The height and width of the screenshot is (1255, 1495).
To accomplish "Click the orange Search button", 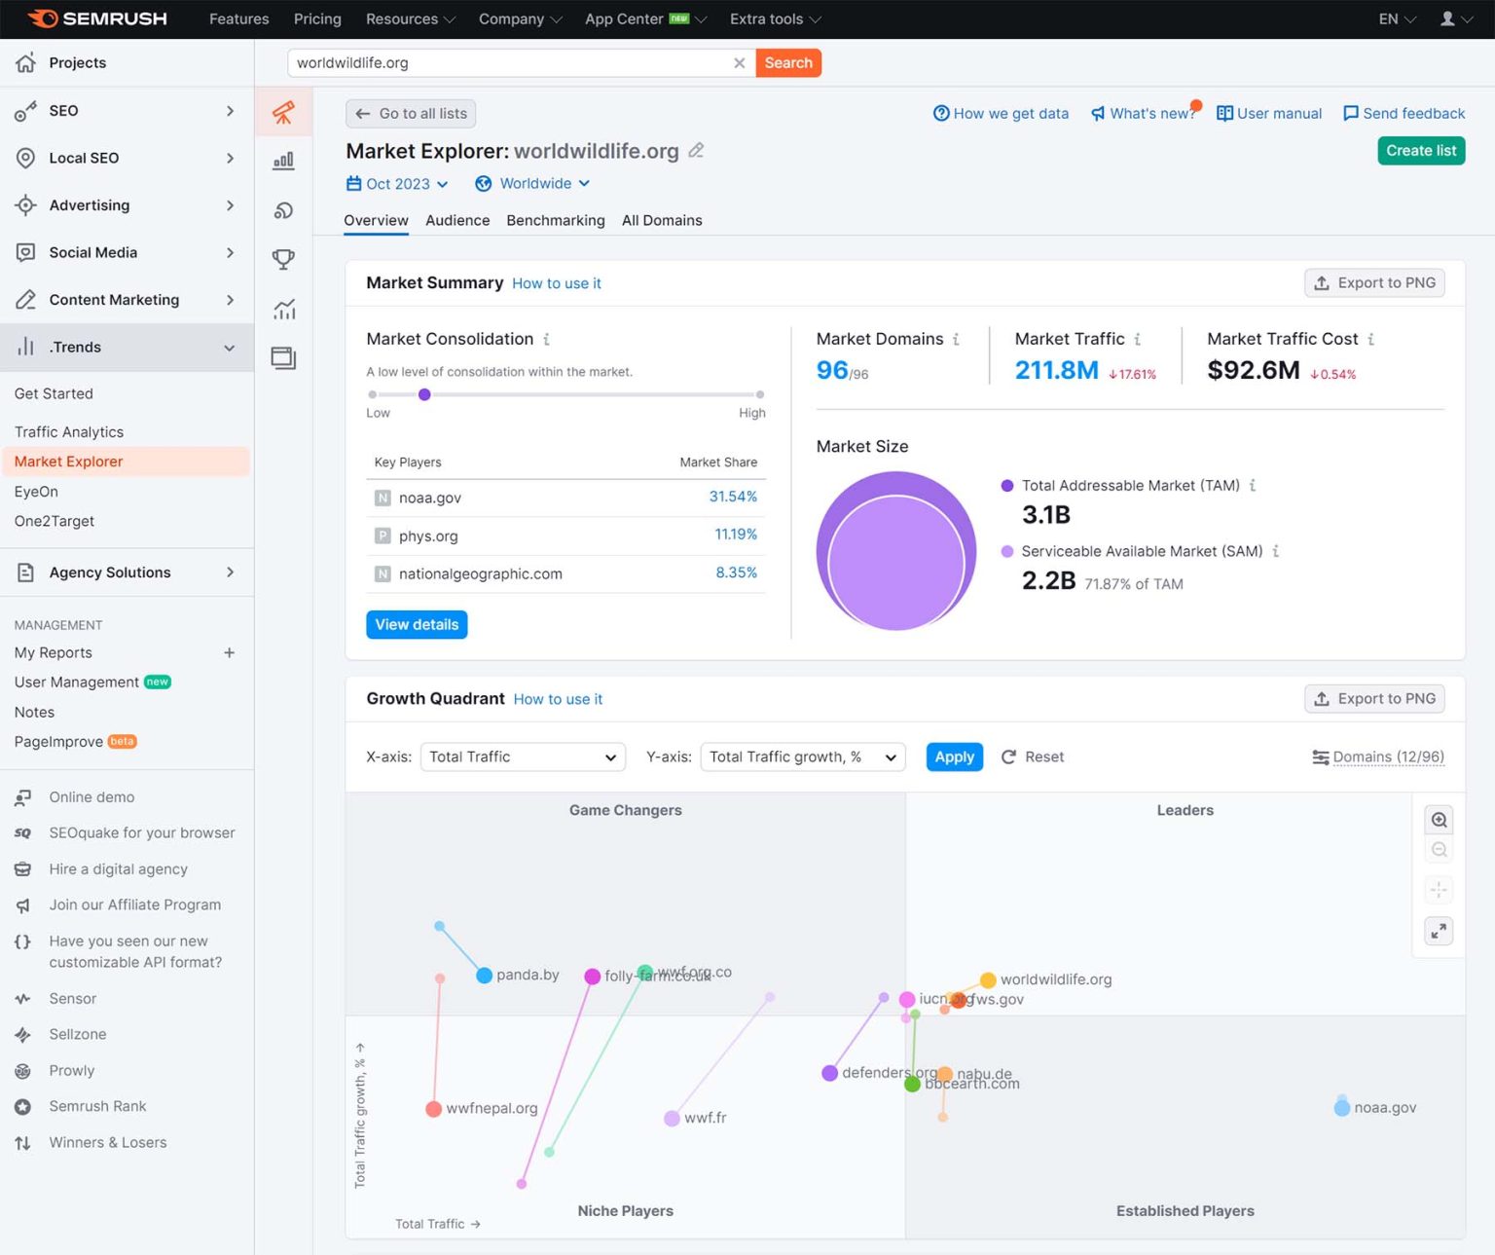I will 787,63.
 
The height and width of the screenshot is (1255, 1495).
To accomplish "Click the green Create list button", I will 1420,151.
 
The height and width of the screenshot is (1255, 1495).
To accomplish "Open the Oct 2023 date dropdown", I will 397,184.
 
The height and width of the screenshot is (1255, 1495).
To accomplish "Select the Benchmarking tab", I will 555,221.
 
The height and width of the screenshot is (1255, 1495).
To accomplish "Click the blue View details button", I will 417,625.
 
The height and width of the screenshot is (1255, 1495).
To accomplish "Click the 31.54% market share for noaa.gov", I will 732,497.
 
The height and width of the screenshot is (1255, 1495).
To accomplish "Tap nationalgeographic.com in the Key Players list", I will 480,574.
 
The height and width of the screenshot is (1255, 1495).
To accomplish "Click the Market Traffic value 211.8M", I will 1056,371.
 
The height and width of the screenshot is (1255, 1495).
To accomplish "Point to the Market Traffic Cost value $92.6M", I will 1253,371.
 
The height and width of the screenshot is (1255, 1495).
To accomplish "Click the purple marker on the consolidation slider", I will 424,395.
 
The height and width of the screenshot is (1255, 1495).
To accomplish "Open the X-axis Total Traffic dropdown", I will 523,757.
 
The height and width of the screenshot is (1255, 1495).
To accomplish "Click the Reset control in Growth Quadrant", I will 1033,757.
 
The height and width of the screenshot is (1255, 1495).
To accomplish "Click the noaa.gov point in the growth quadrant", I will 1342,1108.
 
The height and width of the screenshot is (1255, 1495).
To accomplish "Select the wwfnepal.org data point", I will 434,1109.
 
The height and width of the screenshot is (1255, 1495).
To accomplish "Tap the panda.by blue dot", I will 484,976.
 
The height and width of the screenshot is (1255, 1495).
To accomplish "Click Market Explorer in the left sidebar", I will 69,461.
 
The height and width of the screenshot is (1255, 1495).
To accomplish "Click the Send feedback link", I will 1404,114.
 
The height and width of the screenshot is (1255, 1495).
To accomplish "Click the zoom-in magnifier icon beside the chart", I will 1439,821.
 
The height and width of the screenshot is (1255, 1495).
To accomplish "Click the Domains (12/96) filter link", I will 1387,757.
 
